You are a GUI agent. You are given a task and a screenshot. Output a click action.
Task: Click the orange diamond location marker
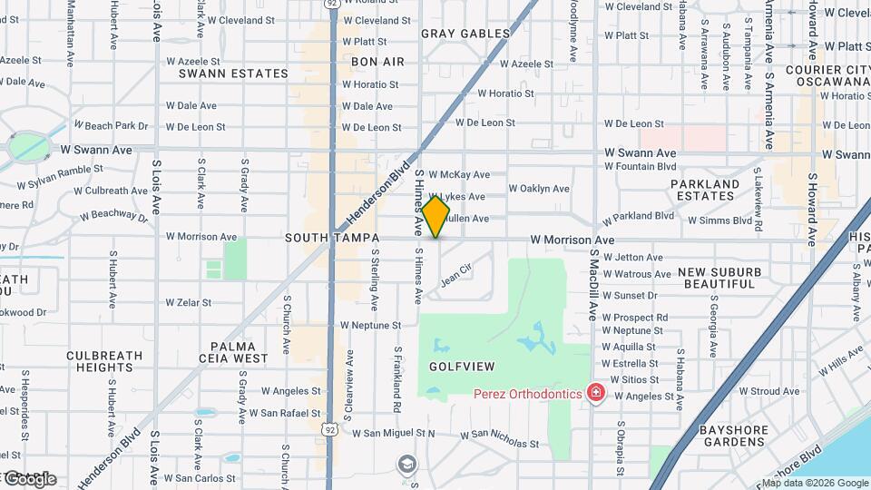[x=435, y=216]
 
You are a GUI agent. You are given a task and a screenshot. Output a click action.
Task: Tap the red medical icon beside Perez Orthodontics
[x=596, y=394]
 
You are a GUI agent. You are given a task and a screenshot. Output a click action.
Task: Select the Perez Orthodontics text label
[x=528, y=394]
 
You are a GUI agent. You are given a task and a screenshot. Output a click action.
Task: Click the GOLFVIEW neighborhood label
[x=462, y=367]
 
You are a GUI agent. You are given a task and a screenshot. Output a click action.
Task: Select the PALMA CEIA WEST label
[x=239, y=352]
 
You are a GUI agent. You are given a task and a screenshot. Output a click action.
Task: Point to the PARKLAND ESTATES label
[x=706, y=190]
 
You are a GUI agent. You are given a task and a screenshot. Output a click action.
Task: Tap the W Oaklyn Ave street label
[x=539, y=189]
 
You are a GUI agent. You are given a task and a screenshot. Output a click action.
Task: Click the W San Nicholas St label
[x=499, y=440]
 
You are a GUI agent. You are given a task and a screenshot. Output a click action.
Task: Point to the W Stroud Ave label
[x=769, y=392]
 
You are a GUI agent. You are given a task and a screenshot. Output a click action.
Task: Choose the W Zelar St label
[x=188, y=302]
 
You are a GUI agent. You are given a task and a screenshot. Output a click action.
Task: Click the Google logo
[x=31, y=478]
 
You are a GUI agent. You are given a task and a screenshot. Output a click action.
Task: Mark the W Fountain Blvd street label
[x=641, y=167]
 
